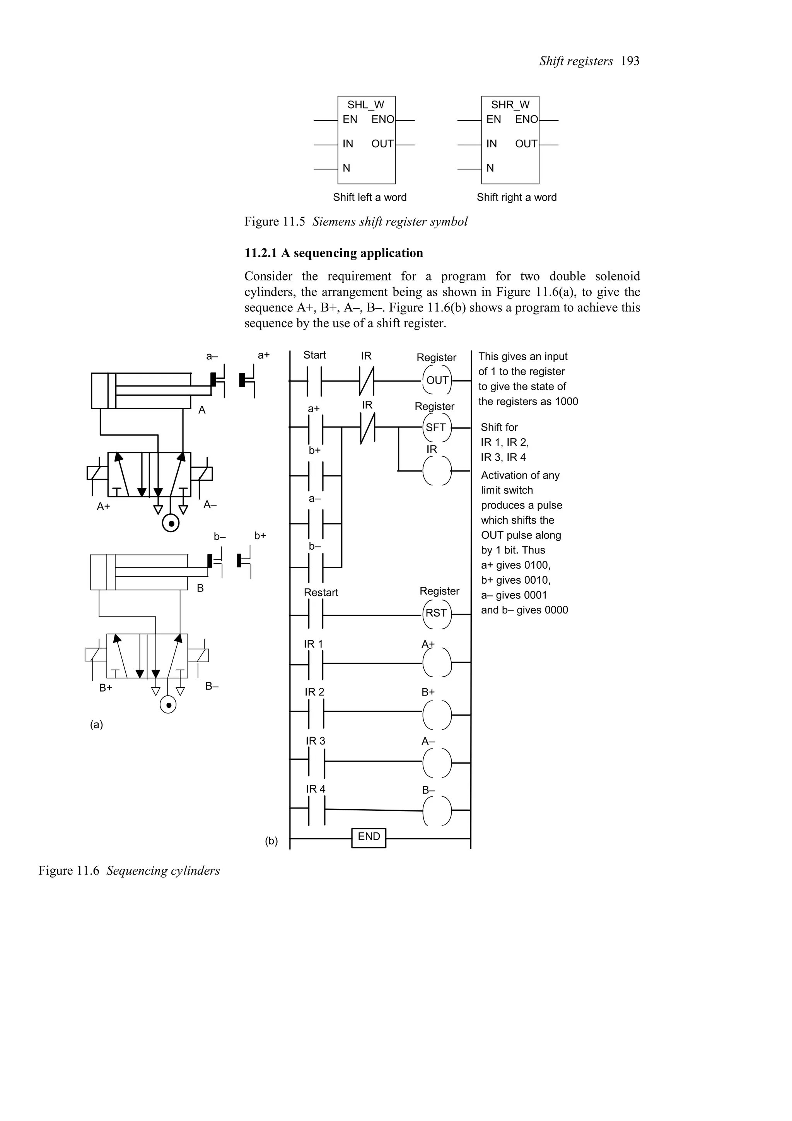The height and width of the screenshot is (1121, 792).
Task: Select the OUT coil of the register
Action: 437,380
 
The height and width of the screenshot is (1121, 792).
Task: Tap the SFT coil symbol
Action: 436,428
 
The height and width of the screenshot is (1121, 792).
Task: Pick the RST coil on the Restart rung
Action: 436,613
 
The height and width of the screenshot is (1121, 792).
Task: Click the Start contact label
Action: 314,355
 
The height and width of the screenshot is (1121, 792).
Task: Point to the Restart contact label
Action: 321,592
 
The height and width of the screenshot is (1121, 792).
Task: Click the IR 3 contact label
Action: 315,741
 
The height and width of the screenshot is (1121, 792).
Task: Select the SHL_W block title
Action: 365,105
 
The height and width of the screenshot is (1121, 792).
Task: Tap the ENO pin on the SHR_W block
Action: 527,120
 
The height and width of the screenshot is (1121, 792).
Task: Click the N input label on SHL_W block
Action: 346,168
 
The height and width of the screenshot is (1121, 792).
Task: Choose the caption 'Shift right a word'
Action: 516,197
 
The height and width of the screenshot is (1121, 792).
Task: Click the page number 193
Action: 630,61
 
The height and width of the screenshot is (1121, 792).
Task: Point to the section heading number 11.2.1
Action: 261,253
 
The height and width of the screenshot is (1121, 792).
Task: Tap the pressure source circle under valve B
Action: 168,705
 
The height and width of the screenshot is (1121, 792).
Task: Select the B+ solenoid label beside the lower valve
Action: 106,687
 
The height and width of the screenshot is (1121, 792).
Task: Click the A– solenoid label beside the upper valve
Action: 210,504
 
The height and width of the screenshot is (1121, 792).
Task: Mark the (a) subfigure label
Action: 97,725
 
